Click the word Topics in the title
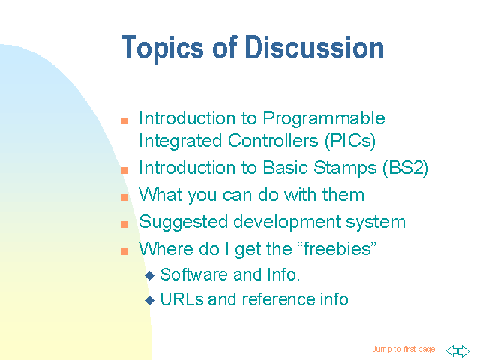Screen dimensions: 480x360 (x=162, y=49)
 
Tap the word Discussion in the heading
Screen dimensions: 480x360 (x=314, y=47)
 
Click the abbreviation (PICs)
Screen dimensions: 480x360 (x=350, y=142)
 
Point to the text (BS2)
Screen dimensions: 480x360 (x=405, y=168)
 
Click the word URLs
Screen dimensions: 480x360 (x=181, y=299)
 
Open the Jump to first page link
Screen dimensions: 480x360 (x=403, y=349)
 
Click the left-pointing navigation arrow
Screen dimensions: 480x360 (x=451, y=350)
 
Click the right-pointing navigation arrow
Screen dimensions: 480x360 (x=463, y=350)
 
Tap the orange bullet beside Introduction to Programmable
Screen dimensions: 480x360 (x=124, y=121)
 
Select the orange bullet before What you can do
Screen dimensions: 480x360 (x=124, y=197)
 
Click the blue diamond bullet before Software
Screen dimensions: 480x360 (x=150, y=275)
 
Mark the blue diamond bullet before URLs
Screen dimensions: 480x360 (x=150, y=300)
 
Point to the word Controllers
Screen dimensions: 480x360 (x=273, y=141)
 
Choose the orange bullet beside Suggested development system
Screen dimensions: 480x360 (x=124, y=224)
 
